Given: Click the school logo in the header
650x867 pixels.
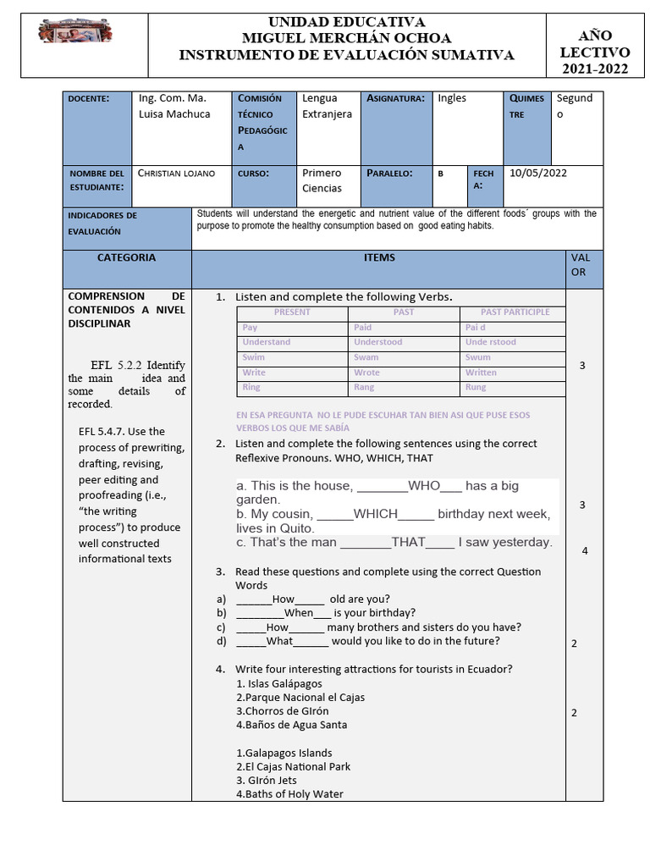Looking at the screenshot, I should (75, 33).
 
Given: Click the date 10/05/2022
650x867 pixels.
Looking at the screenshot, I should (538, 174).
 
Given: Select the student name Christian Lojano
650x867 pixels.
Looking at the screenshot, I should (176, 174).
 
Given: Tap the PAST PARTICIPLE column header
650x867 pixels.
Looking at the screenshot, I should (515, 312).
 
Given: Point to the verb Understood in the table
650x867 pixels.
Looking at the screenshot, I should (378, 342).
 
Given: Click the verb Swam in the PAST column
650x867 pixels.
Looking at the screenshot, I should (366, 357).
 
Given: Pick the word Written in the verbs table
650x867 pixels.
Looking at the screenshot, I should (481, 373).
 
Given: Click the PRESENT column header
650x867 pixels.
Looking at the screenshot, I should (292, 312).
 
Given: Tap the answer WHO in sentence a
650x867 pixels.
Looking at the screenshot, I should (424, 486).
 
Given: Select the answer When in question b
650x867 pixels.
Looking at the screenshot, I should (299, 613).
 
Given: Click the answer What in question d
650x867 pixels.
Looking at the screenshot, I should (279, 641).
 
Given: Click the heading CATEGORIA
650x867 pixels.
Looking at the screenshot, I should (126, 257).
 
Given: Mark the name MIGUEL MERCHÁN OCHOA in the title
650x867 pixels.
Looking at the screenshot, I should (346, 38).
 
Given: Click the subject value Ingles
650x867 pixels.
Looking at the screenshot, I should (452, 98).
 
